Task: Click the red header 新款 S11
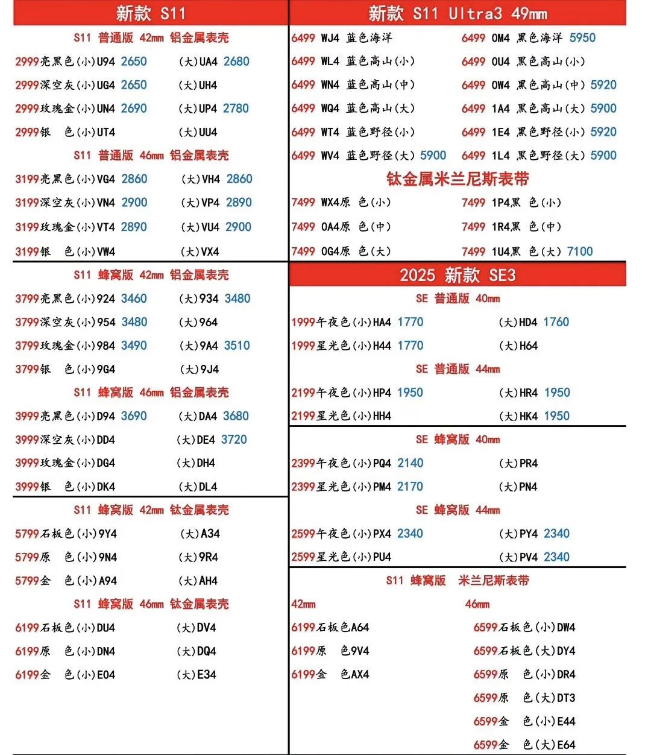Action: click(x=150, y=13)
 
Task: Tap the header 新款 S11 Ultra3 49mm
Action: click(x=458, y=13)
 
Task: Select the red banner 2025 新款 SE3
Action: click(x=458, y=275)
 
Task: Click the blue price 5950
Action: click(x=582, y=37)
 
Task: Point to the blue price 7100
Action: click(x=580, y=251)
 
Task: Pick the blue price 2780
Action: click(x=236, y=109)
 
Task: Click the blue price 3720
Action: click(x=234, y=440)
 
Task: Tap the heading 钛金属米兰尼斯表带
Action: click(x=458, y=179)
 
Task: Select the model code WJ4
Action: click(x=330, y=38)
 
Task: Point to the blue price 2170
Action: click(x=410, y=487)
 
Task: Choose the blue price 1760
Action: click(x=556, y=322)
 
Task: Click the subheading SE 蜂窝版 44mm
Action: click(x=458, y=510)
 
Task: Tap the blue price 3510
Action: click(x=237, y=346)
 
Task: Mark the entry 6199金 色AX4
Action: click(x=330, y=674)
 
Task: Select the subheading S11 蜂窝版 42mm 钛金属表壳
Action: click(x=151, y=510)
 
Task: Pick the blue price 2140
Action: click(x=410, y=463)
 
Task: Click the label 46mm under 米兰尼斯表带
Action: click(x=477, y=604)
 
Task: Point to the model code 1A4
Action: click(x=500, y=109)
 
